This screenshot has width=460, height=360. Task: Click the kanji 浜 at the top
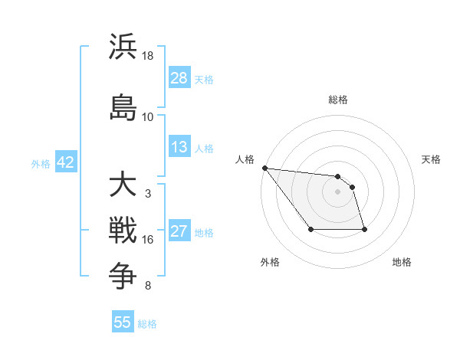[x=123, y=47]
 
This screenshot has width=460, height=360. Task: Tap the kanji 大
[x=123, y=184]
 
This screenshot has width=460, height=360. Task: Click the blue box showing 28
[x=179, y=77]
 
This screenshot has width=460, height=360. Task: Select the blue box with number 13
[x=179, y=147]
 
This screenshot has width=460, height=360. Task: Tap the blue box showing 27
[x=179, y=231]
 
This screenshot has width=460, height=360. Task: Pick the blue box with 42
[x=65, y=162]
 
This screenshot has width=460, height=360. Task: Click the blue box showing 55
[x=123, y=322]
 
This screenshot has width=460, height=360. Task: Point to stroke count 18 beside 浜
[x=148, y=56]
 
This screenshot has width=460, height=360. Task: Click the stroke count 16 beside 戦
[x=148, y=240]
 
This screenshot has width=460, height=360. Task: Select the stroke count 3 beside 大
[x=148, y=194]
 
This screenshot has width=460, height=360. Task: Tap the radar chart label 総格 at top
[x=338, y=100]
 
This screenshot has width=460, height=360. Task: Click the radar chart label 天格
[x=432, y=159]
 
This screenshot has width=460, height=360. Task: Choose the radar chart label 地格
[x=402, y=263]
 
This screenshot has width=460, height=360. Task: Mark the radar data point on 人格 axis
[x=264, y=168]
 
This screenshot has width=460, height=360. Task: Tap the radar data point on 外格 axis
[x=310, y=230]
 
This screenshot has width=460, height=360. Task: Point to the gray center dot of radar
[x=338, y=191]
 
